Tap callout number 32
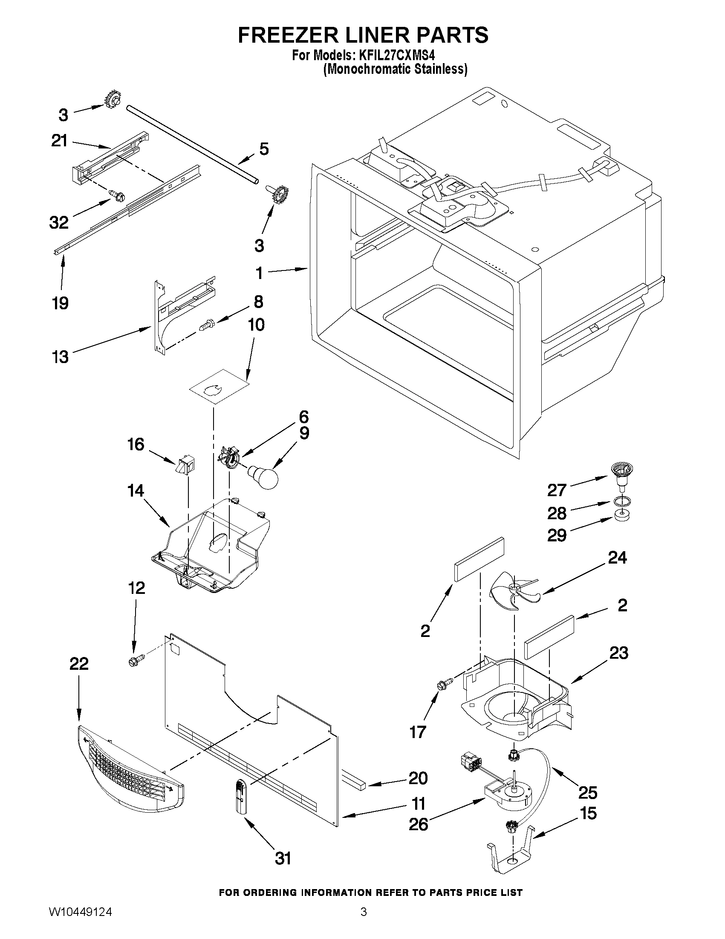[59, 222]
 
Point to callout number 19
[61, 303]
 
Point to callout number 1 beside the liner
[259, 273]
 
